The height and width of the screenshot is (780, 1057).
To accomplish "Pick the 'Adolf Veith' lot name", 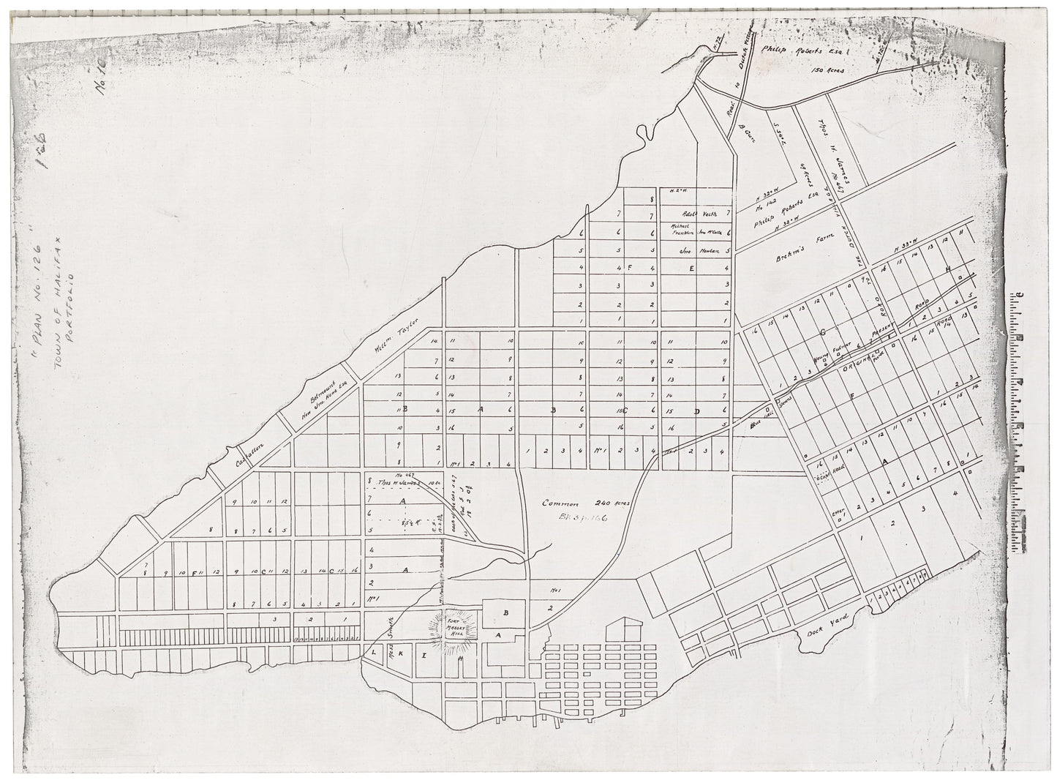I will tap(699, 214).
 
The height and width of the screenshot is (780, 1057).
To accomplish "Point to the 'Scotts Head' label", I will tap(832, 473).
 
